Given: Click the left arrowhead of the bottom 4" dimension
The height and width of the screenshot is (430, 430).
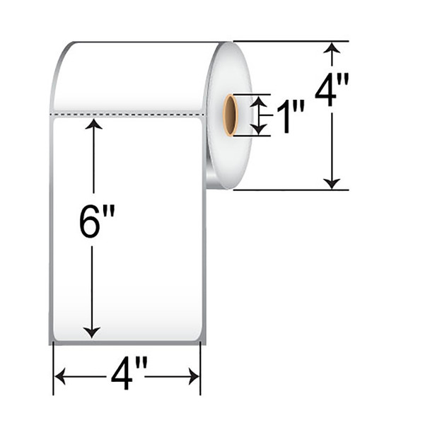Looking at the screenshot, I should tap(59, 377).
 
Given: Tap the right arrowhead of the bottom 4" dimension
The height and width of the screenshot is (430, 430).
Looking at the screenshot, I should tap(196, 377).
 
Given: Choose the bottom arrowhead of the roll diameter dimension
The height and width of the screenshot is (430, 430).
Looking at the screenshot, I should tap(331, 183).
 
